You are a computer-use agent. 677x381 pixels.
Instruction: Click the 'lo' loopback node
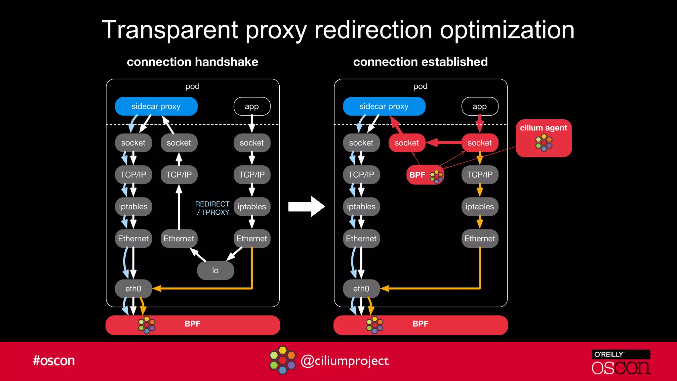click(x=215, y=271)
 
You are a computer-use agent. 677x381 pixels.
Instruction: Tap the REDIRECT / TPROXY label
click(x=212, y=208)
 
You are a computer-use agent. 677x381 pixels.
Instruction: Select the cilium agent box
click(x=543, y=138)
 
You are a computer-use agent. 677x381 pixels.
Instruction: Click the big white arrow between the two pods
click(x=306, y=206)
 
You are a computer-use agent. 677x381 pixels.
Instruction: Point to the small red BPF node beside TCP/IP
click(x=425, y=175)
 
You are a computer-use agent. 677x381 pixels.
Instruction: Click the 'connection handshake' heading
click(x=192, y=62)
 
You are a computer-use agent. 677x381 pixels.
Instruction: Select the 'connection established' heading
click(x=420, y=62)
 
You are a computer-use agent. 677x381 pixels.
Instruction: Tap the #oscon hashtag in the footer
click(x=54, y=360)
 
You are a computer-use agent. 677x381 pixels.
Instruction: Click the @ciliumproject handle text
click(x=345, y=361)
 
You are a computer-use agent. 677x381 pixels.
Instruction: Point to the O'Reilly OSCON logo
click(x=620, y=362)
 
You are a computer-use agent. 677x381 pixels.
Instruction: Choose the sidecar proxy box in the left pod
click(x=156, y=106)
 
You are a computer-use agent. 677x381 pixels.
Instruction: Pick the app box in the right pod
click(x=480, y=106)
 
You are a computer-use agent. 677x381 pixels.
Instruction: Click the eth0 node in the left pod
click(x=133, y=289)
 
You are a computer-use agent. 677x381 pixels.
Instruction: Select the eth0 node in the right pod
click(x=361, y=289)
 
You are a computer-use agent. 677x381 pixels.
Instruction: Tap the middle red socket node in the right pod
click(x=407, y=143)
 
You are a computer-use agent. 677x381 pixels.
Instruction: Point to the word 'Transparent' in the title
click(x=170, y=30)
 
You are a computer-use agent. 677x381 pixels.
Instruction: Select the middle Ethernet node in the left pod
click(x=179, y=238)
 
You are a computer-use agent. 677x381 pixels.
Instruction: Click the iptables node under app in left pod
click(x=252, y=207)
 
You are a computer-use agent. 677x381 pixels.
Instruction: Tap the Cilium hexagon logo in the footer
click(x=282, y=360)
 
